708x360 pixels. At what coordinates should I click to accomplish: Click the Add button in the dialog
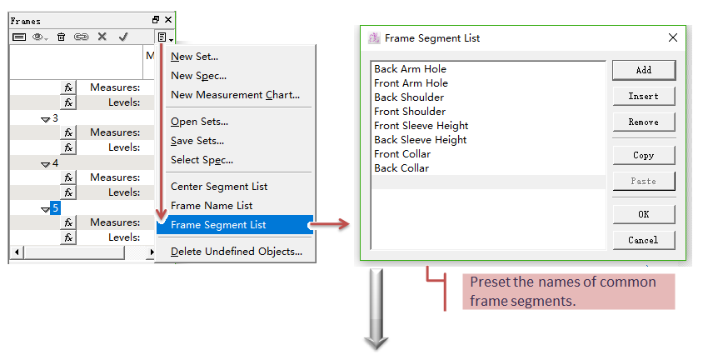click(x=644, y=70)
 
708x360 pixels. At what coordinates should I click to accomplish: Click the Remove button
click(x=644, y=122)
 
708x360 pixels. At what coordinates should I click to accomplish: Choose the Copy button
click(x=644, y=155)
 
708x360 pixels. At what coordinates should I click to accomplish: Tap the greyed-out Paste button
click(x=644, y=181)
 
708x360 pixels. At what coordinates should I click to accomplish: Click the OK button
click(x=644, y=214)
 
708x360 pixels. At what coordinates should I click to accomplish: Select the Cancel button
click(x=644, y=240)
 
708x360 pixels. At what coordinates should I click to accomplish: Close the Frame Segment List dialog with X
click(x=673, y=38)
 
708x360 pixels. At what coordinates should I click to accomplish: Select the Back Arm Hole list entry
click(x=410, y=69)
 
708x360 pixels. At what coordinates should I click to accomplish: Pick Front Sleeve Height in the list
click(x=421, y=126)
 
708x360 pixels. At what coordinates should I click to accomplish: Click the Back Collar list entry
click(x=401, y=168)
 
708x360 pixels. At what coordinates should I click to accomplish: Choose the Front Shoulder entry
click(x=410, y=112)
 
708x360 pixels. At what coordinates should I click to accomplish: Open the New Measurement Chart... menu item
click(x=235, y=95)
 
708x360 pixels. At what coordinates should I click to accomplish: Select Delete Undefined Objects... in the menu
click(x=237, y=252)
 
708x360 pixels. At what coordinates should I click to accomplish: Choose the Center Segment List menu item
click(x=219, y=187)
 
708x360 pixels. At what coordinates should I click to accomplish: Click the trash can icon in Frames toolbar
click(x=62, y=37)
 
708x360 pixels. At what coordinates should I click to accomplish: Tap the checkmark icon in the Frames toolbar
click(x=123, y=37)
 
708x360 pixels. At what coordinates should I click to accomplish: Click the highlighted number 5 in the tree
click(x=55, y=208)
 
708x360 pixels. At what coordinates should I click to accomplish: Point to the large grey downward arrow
click(x=376, y=309)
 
